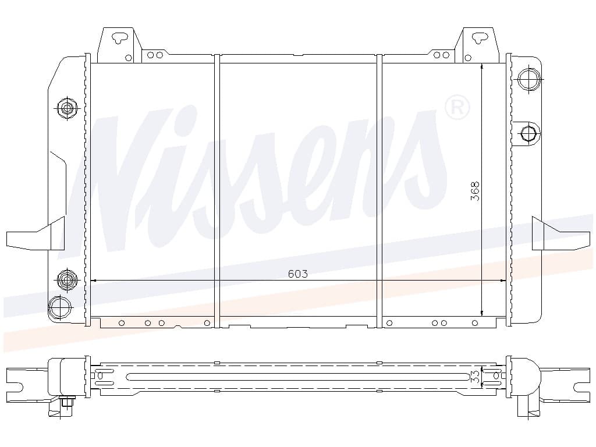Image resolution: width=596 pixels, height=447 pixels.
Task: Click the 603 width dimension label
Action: (297, 274)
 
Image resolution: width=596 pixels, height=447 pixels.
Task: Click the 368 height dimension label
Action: (475, 191)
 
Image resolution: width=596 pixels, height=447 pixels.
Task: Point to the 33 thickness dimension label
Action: (475, 377)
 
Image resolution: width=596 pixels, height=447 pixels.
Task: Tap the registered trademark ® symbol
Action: (457, 108)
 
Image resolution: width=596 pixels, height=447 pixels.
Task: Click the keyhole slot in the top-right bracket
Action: (480, 37)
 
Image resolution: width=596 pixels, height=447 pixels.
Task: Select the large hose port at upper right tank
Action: (528, 79)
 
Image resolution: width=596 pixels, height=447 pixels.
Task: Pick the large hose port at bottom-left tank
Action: (60, 307)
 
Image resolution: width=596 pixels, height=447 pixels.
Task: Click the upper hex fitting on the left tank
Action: (68, 108)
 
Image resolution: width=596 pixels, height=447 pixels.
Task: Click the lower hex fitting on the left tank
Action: (68, 280)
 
